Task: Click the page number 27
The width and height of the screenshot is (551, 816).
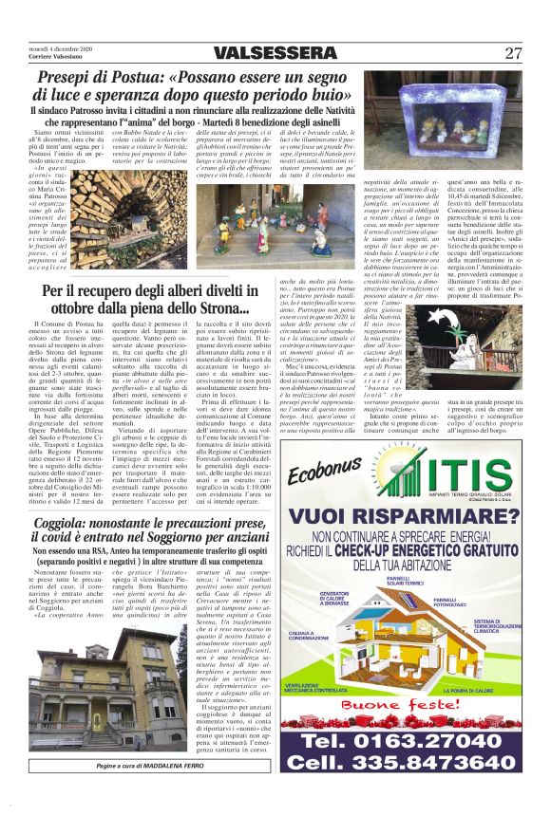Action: tap(514, 53)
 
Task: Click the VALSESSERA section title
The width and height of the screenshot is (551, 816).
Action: tap(273, 53)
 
